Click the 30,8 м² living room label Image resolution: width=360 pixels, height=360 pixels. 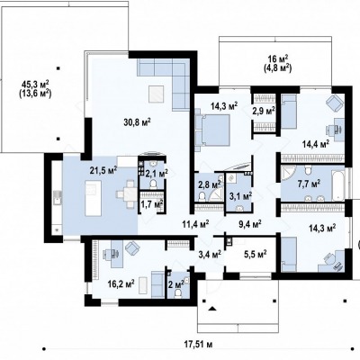click(x=137, y=121)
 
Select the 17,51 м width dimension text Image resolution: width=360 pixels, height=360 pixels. click(x=197, y=344)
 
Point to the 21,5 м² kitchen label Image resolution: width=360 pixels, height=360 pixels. click(x=103, y=170)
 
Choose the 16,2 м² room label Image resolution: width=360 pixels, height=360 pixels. click(x=121, y=283)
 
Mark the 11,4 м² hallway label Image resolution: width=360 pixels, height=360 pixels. click(x=195, y=223)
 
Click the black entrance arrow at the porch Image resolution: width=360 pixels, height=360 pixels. click(x=212, y=309)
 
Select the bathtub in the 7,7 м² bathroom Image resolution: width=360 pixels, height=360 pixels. click(x=338, y=185)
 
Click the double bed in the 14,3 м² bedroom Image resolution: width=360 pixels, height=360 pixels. click(x=212, y=130)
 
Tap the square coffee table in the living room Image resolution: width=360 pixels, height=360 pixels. click(x=156, y=94)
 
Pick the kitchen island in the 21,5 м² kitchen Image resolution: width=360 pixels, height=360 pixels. click(x=93, y=198)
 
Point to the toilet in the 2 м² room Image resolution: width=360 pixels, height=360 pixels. click(x=178, y=293)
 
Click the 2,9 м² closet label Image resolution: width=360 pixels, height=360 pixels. click(x=264, y=111)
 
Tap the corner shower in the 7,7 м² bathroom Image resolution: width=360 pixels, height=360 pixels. click(x=287, y=173)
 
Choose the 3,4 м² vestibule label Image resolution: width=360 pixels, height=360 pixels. click(x=210, y=255)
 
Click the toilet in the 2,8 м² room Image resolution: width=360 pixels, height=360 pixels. click(x=202, y=196)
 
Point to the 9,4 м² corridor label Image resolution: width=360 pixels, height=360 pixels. click(x=250, y=223)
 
